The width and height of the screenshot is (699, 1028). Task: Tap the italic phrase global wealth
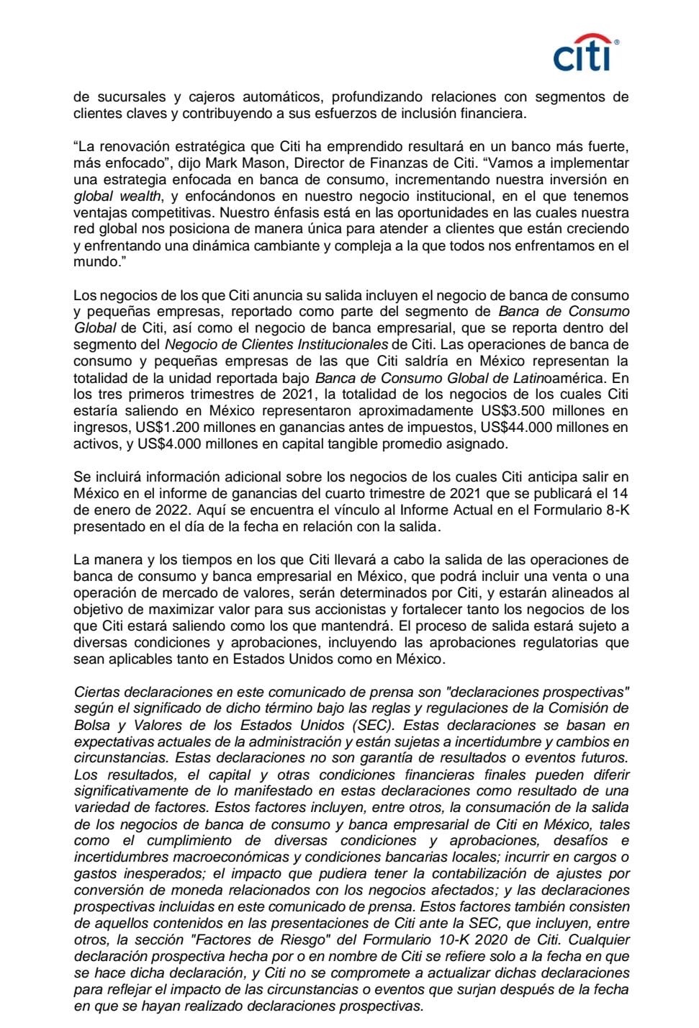click(117, 196)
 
